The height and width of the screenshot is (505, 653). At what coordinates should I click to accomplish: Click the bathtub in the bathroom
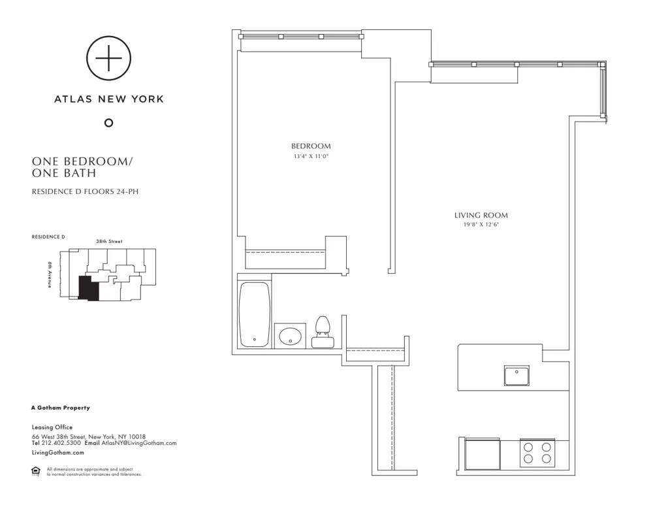254,314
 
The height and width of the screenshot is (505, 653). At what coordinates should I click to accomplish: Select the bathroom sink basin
289,336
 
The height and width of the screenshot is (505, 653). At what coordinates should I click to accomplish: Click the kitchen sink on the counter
517,376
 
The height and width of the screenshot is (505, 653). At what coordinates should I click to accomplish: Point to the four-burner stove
536,452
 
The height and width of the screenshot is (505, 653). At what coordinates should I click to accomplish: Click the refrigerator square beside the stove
482,452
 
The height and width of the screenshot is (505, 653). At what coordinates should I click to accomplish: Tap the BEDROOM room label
311,146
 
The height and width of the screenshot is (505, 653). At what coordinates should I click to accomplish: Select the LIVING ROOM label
481,215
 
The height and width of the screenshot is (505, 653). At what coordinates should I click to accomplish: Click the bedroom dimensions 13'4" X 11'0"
311,156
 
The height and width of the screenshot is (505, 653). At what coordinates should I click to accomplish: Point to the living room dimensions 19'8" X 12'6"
481,225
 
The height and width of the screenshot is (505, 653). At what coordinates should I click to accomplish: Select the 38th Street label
109,241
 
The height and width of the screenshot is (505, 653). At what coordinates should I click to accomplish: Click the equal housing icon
36,471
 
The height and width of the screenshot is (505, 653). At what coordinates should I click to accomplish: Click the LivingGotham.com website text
57,452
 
